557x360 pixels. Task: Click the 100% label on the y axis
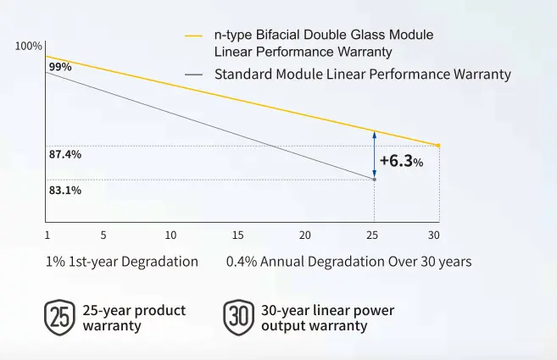coord(29,45)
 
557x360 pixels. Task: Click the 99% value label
coord(59,67)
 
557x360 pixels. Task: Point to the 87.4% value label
coord(64,155)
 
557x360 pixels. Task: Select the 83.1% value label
coord(64,191)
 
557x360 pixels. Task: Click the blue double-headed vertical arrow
coord(374,154)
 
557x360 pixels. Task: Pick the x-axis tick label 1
coord(47,235)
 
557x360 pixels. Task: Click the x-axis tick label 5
coord(103,235)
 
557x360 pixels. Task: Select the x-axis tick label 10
coord(170,235)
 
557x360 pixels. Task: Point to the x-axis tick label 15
coord(237,235)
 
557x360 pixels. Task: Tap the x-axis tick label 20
coord(305,235)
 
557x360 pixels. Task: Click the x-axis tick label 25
coord(373,235)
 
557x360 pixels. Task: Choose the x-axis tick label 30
coord(434,235)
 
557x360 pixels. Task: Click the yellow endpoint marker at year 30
coord(437,146)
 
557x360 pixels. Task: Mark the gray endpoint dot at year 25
coord(374,178)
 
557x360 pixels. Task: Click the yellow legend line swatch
coord(194,36)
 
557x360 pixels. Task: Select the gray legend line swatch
coord(194,75)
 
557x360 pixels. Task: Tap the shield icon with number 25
coord(58,318)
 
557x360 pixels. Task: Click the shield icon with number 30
coord(237,318)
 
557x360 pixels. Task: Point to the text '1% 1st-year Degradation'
coord(122,262)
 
